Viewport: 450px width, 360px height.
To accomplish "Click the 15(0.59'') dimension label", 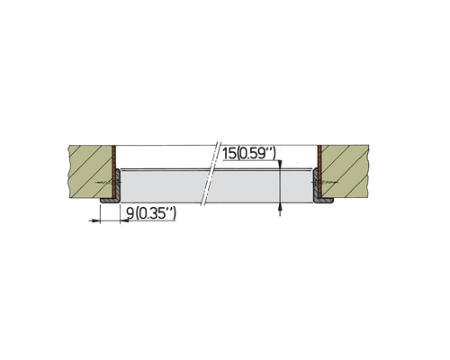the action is click(x=249, y=154).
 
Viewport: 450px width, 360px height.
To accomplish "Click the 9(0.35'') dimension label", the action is click(x=151, y=213).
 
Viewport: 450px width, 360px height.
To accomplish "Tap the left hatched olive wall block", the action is click(x=91, y=172).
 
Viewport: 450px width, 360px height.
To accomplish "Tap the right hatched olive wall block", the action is click(x=345, y=172).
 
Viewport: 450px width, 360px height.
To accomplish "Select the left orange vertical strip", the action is click(x=114, y=172).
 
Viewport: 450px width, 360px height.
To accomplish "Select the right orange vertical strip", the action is click(x=319, y=172).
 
